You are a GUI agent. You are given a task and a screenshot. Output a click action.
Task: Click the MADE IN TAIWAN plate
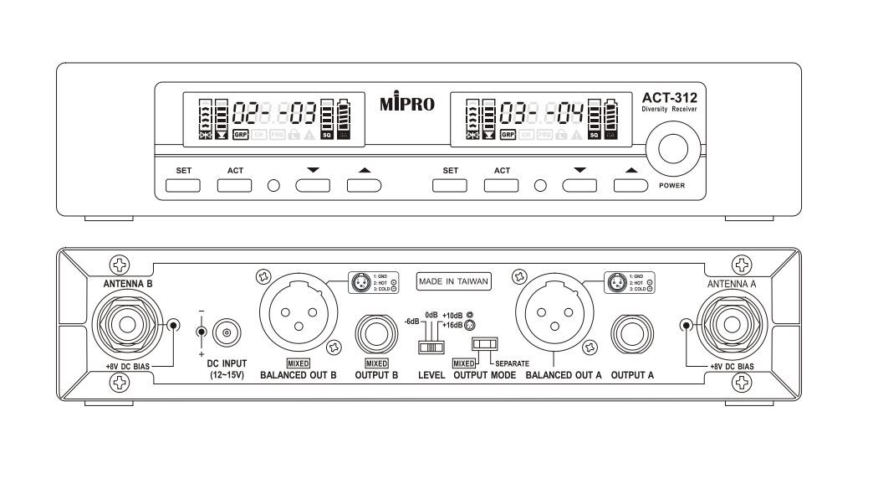click(453, 282)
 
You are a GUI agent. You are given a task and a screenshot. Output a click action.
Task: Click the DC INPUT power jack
click(224, 332)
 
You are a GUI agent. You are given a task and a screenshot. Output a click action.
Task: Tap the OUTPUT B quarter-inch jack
click(375, 334)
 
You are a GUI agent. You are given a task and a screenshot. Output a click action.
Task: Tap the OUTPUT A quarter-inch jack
click(632, 334)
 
